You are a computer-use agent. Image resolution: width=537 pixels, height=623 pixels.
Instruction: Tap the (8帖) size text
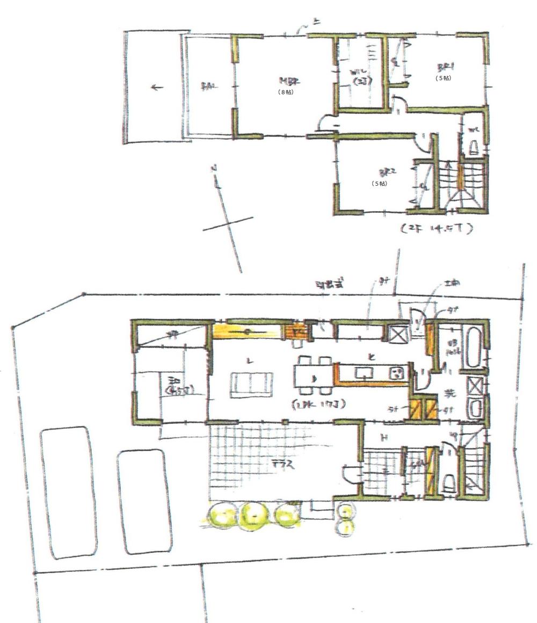(286, 92)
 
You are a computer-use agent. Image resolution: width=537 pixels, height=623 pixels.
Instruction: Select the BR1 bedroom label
(445, 68)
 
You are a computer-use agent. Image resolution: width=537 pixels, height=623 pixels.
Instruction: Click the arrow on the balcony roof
(156, 88)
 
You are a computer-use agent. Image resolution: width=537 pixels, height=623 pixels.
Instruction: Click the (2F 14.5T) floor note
(436, 228)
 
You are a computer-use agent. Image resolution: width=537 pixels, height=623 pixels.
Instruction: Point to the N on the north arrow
(214, 169)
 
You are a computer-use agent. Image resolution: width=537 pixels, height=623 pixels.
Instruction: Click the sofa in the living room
(251, 385)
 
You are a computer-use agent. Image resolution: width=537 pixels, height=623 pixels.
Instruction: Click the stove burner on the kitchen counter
(396, 372)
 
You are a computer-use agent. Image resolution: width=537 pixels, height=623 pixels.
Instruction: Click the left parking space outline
(69, 492)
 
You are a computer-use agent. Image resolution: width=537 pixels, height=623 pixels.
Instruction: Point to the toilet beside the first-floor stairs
(449, 484)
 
